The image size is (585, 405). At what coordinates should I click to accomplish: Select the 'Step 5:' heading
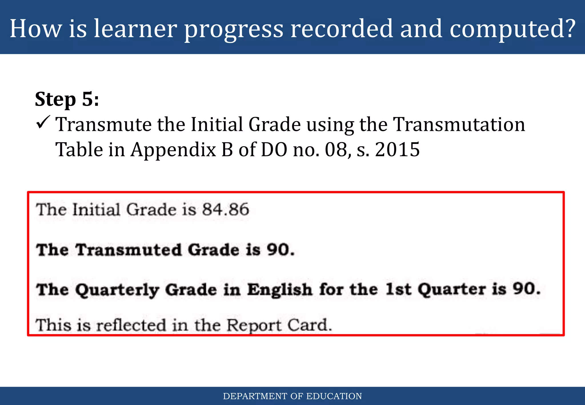click(67, 99)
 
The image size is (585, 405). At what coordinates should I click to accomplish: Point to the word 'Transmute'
click(103, 125)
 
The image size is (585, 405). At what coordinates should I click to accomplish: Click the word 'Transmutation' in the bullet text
click(459, 125)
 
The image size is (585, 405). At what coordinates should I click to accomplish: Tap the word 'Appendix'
click(173, 150)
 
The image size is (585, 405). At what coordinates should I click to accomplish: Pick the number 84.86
click(226, 209)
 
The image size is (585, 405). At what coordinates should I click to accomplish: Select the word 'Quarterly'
click(117, 290)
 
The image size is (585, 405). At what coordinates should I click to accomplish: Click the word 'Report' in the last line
click(254, 325)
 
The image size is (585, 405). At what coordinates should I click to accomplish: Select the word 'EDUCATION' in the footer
click(334, 396)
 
